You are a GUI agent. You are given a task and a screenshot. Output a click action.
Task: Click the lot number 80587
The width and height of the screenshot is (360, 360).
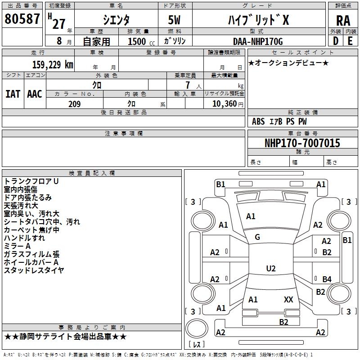pyautogui.click(x=22, y=19)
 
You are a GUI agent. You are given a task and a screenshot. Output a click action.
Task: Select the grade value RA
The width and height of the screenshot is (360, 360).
pyautogui.click(x=343, y=21)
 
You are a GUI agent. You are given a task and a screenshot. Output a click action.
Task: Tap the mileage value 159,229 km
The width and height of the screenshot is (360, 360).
pyautogui.click(x=53, y=65)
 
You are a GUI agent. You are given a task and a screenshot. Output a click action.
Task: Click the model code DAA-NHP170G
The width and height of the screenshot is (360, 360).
pyautogui.click(x=258, y=41)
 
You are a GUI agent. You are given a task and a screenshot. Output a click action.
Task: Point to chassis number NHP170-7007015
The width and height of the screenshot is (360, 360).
pyautogui.click(x=302, y=143)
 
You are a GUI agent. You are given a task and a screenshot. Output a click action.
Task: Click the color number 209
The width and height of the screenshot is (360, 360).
pyautogui.click(x=74, y=104)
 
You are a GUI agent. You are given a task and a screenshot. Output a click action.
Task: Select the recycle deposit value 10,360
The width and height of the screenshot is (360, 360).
pyautogui.click(x=225, y=104)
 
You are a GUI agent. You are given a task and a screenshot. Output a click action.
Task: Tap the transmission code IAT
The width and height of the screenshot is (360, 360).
pyautogui.click(x=13, y=94)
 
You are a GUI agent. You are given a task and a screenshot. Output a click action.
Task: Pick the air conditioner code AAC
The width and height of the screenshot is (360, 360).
pyautogui.click(x=35, y=94)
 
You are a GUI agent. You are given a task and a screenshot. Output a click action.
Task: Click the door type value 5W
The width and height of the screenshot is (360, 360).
pyautogui.click(x=174, y=20)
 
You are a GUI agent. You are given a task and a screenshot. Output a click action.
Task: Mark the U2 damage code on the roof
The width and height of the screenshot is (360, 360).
pyautogui.click(x=271, y=268)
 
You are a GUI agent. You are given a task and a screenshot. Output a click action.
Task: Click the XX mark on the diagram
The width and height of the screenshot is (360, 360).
pyautogui.click(x=288, y=299)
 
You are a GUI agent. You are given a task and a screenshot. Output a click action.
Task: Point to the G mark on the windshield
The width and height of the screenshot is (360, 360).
pyautogui.click(x=257, y=237)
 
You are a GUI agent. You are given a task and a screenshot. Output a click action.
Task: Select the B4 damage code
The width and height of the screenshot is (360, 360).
pyautogui.click(x=327, y=279)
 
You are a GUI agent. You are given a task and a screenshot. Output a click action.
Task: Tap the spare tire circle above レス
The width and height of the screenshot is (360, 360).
pyautogui.click(x=197, y=328)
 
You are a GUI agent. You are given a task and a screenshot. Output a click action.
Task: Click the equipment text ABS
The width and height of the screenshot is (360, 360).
pyautogui.click(x=258, y=121)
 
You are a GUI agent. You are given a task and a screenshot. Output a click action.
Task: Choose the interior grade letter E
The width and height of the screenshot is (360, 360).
pyautogui.click(x=350, y=41)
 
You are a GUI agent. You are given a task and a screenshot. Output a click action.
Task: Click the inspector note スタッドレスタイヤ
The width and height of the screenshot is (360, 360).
pyautogui.click(x=34, y=270)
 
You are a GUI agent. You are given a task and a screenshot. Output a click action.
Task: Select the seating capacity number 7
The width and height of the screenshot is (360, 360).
pyautogui.click(x=188, y=85)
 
